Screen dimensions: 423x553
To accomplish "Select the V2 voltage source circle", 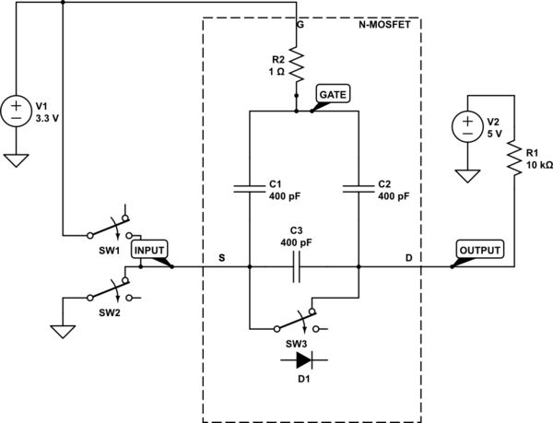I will click(467, 123).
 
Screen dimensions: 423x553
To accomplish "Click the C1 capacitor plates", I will click(250, 189).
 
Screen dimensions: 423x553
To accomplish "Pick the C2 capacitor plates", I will click(359, 189).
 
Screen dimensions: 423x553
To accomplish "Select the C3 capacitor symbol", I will click(297, 268).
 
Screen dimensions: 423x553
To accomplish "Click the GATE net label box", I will click(331, 94).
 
